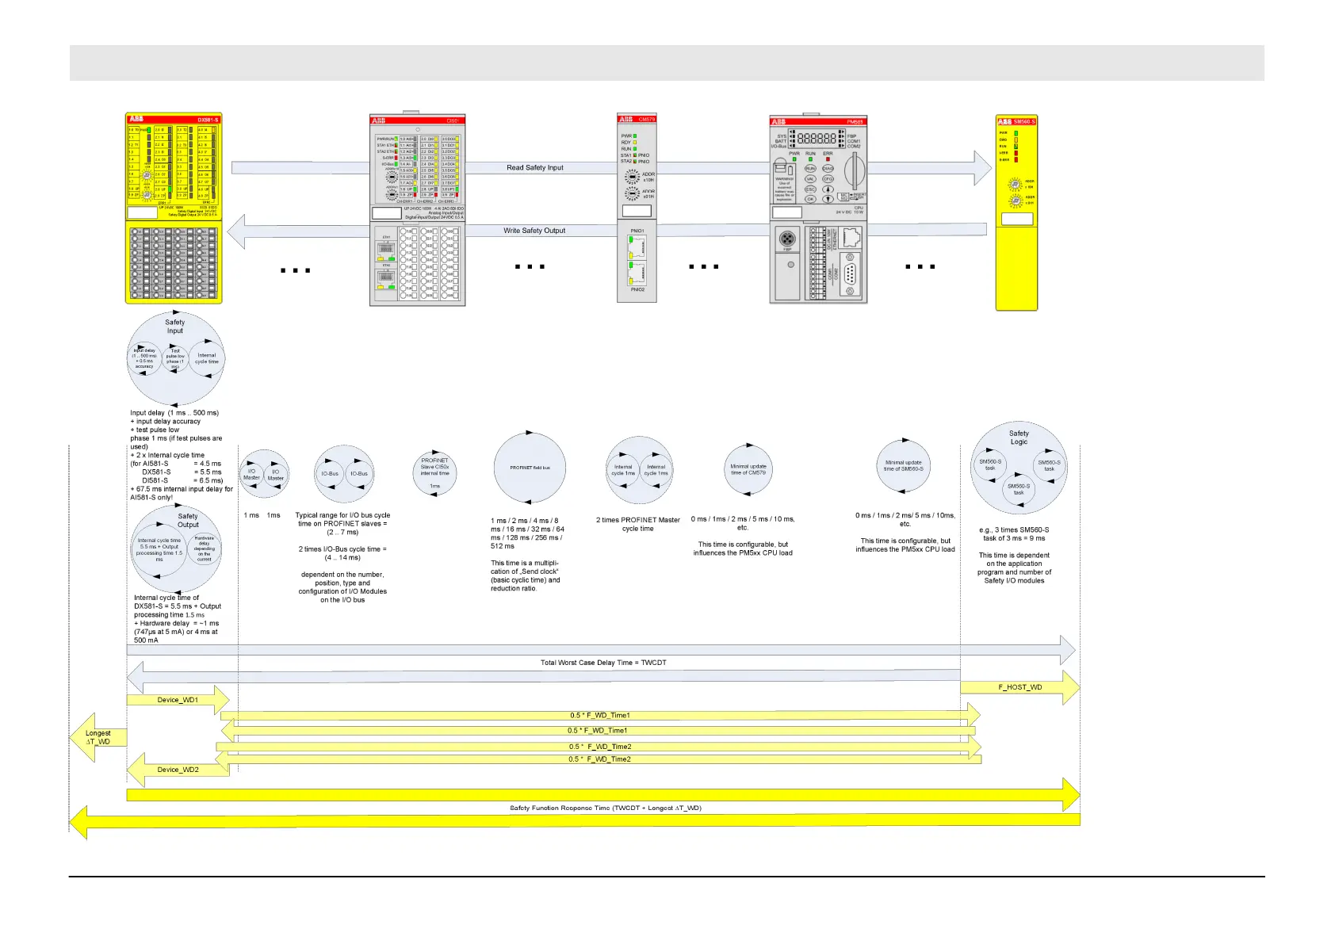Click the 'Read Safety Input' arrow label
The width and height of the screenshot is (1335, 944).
coord(535,168)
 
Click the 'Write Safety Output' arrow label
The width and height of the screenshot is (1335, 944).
coord(534,231)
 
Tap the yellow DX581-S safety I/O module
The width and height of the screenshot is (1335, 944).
coord(174,208)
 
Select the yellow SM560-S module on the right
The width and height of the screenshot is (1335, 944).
coord(1016,212)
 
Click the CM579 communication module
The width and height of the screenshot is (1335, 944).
coord(637,208)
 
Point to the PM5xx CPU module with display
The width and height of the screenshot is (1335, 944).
coord(818,209)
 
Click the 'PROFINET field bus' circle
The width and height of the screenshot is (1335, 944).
coord(530,468)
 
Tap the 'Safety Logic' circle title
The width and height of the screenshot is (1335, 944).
coord(1019,438)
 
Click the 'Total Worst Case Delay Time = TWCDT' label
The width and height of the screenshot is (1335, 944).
coord(603,663)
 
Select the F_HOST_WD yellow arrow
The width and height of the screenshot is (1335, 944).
coord(1020,687)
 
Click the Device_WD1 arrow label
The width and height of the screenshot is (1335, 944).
coord(178,700)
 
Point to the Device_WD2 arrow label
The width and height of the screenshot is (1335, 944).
coord(178,770)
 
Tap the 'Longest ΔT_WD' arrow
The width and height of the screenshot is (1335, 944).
coord(98,738)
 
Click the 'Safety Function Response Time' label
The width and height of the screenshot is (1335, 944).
coord(605,808)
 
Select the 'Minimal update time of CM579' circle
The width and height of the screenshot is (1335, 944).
coord(748,469)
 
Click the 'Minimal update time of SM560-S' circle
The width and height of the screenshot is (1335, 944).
coord(904,465)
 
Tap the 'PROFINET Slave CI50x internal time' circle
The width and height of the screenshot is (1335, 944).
coord(434,472)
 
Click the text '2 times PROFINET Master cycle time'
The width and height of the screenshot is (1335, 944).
coord(637,524)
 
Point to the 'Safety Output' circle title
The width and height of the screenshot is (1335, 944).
coord(188,520)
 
